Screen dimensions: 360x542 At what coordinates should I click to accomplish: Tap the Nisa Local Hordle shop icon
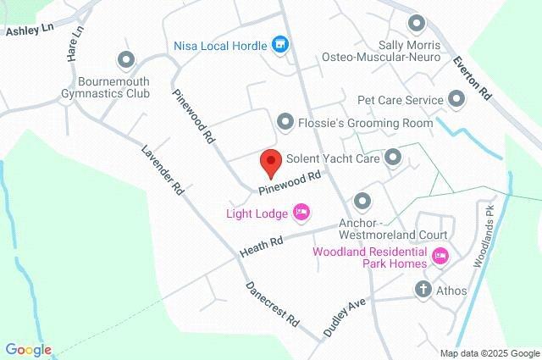point(279,45)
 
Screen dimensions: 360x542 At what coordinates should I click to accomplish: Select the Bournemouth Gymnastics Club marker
point(127,59)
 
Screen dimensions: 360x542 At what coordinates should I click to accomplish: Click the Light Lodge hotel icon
point(301,212)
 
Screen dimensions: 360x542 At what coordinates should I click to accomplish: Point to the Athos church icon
point(423,290)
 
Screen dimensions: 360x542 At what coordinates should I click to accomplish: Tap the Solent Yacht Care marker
point(392,157)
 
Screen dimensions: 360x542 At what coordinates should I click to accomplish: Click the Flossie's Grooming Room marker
point(285,122)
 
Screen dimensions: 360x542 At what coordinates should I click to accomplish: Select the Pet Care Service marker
point(457,101)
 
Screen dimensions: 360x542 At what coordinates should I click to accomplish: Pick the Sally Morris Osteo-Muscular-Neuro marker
point(416,23)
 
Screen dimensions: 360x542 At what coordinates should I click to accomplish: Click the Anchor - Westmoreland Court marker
point(362,202)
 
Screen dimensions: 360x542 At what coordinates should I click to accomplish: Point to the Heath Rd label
point(260,246)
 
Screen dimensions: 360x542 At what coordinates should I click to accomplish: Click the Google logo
point(28,349)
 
